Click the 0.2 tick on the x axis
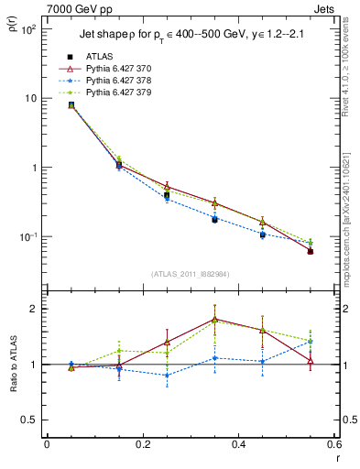[143, 444]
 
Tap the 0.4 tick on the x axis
[239, 444]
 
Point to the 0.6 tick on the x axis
[334, 444]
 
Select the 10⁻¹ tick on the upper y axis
[28, 237]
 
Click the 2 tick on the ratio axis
[33, 309]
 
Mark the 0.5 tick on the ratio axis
[29, 420]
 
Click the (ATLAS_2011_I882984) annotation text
[191, 273]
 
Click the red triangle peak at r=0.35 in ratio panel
[214, 319]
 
